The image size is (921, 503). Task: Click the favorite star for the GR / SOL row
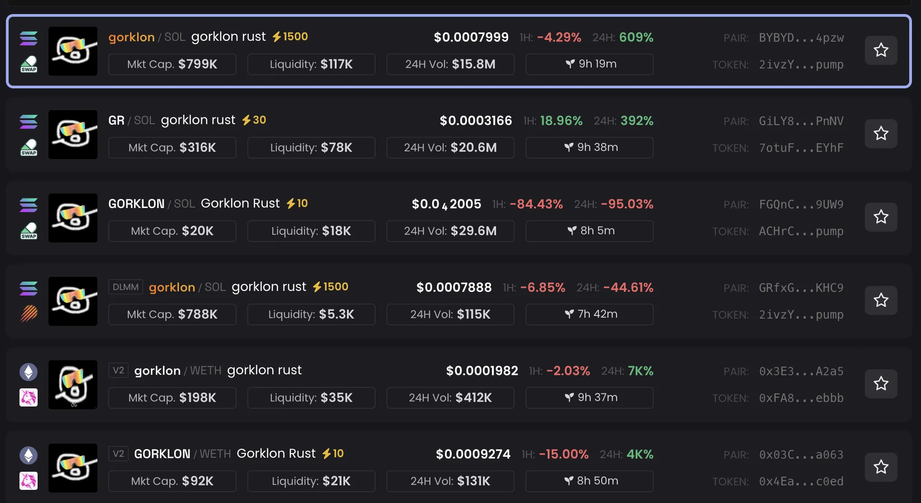[881, 134]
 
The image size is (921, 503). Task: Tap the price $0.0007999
[471, 37]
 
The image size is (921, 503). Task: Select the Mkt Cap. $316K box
[172, 148]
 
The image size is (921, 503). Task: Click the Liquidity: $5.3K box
[311, 314]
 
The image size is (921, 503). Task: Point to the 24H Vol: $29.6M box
[450, 231]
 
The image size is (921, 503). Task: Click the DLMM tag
[125, 287]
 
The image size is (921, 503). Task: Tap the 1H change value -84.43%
[536, 204]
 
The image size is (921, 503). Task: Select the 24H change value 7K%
[640, 371]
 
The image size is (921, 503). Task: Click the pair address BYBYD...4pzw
[801, 38]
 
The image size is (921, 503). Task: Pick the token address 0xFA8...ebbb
[801, 398]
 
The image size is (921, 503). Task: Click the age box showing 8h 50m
[589, 481]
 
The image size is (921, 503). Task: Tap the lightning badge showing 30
[254, 120]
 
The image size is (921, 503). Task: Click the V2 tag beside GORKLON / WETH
[118, 454]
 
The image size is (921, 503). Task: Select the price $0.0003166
[476, 121]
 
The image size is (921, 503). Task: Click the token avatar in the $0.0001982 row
[73, 385]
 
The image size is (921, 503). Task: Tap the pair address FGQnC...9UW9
[801, 204]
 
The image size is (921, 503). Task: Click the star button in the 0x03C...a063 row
[881, 467]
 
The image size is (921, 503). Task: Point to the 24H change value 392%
[637, 121]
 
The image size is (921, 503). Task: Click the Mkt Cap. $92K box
[172, 481]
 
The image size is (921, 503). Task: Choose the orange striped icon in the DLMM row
[29, 313]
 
